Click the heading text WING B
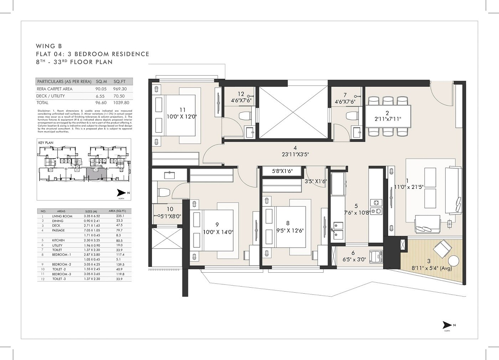(x=49, y=46)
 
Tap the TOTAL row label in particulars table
(x=42, y=103)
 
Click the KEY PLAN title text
(x=46, y=143)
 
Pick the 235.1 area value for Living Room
(x=120, y=216)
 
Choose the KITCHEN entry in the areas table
(x=58, y=241)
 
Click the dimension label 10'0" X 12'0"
(x=182, y=117)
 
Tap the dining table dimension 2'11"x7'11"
(x=388, y=119)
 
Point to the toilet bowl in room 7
(x=352, y=116)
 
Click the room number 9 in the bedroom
(x=217, y=225)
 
